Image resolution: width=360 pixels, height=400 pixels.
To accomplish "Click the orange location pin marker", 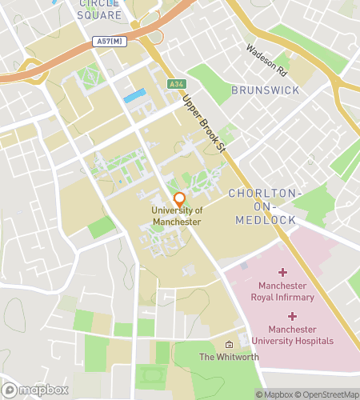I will click(x=179, y=199).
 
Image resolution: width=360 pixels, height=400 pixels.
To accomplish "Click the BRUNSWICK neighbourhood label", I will click(x=266, y=90).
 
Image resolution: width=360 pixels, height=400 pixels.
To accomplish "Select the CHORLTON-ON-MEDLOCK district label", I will click(x=264, y=206).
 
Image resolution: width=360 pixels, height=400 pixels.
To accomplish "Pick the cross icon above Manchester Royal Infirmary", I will click(x=282, y=273).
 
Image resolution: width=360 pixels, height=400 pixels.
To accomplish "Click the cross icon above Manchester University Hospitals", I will click(x=292, y=317).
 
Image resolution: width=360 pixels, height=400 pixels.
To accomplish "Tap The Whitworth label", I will click(x=229, y=357).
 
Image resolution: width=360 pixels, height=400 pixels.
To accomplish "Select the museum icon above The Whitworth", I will click(x=229, y=343).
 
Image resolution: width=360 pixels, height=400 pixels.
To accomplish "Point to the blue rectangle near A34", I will click(x=135, y=97).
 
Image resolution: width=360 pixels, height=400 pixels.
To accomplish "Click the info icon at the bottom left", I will click(x=10, y=390).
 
